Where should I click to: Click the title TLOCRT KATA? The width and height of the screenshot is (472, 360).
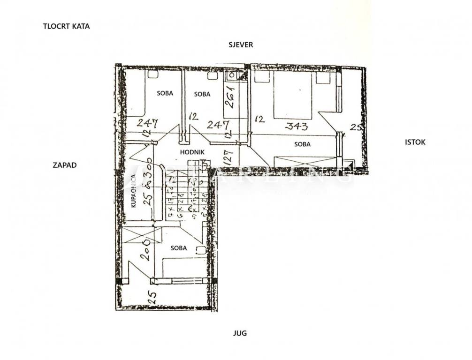[66, 26]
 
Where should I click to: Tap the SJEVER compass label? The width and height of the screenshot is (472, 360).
[241, 45]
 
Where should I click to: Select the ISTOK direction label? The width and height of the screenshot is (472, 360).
[415, 142]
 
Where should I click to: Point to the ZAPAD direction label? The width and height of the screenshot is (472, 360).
[64, 165]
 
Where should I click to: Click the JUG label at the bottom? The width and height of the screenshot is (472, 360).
[240, 333]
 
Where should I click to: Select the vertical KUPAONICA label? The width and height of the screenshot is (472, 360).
[134, 191]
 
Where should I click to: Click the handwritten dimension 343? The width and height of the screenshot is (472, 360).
[297, 126]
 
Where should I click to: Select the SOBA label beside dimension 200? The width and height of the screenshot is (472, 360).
[179, 248]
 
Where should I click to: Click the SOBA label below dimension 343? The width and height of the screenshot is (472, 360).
[302, 144]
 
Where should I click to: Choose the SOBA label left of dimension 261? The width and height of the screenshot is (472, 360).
[202, 94]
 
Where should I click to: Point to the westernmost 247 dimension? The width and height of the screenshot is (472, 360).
[147, 124]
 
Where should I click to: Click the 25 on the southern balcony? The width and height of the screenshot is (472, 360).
[152, 296]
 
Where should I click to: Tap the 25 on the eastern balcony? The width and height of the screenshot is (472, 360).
[355, 127]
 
